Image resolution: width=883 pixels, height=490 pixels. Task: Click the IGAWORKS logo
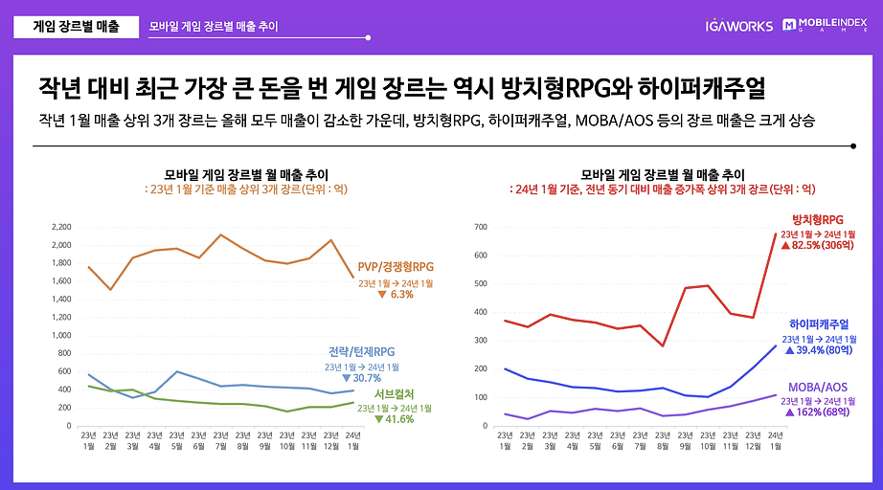point(737,26)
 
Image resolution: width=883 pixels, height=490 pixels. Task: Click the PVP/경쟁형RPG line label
point(396,266)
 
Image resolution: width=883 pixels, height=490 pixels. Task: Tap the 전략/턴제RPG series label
point(359,351)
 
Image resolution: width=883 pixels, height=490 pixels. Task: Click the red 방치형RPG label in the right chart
point(818,219)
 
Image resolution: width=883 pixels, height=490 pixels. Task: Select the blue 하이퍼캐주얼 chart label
point(818,324)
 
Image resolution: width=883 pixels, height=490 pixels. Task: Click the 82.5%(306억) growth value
point(819,246)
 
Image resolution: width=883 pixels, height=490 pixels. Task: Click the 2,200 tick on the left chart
point(59,227)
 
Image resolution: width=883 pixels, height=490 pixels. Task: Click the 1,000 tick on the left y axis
point(59,335)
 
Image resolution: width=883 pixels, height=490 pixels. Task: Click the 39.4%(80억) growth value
point(819,351)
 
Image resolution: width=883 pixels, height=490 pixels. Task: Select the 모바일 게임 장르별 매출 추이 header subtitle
point(214,27)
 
